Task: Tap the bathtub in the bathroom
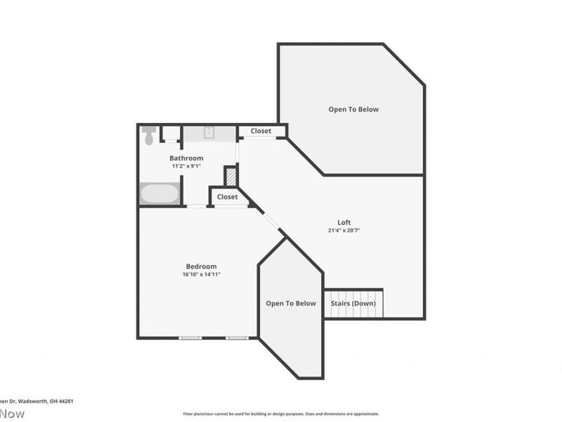click(159, 193)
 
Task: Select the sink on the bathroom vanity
click(209, 134)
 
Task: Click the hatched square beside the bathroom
click(230, 175)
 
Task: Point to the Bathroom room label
click(186, 158)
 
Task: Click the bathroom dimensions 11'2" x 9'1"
click(186, 167)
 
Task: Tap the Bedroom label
click(201, 266)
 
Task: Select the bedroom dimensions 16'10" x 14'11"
click(201, 274)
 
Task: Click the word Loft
click(344, 222)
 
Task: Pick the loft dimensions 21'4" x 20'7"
click(344, 231)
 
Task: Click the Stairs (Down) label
click(353, 303)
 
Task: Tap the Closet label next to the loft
click(261, 131)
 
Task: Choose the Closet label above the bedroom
click(227, 197)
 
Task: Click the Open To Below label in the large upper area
click(353, 109)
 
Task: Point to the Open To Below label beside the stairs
click(291, 303)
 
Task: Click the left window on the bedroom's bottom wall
click(190, 338)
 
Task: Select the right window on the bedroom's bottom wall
click(237, 338)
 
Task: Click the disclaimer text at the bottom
click(281, 414)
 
